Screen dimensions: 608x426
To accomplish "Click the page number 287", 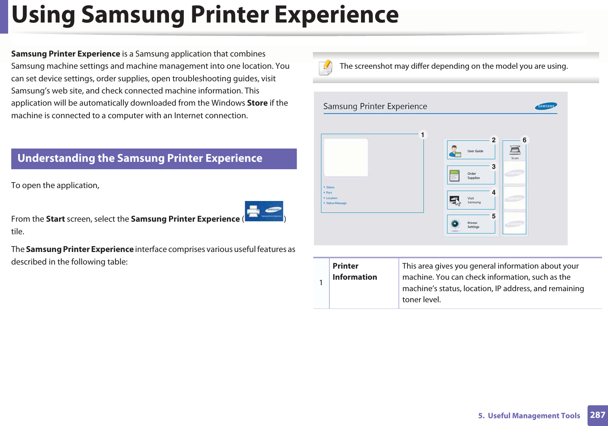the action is click(x=597, y=415).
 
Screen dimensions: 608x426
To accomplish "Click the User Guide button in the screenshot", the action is click(x=471, y=150).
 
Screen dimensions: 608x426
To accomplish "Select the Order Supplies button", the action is click(x=471, y=175).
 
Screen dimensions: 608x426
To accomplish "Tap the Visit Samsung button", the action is click(x=471, y=200).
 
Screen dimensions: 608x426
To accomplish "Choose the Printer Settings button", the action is click(x=471, y=224).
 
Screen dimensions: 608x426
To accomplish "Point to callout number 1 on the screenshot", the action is click(x=422, y=135).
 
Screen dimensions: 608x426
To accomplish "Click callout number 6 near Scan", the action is click(x=524, y=140).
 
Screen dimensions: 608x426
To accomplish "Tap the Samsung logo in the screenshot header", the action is click(x=546, y=106).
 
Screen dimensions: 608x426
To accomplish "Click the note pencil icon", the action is click(x=326, y=67).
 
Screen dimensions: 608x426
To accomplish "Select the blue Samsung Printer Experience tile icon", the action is click(x=264, y=211).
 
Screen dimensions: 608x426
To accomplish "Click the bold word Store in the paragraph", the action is click(x=257, y=103).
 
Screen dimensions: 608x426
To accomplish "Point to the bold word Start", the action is click(x=55, y=219).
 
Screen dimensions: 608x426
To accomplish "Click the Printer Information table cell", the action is click(x=355, y=272).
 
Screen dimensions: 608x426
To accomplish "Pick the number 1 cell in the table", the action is click(x=321, y=283).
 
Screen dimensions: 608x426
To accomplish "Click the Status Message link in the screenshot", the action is click(x=336, y=203).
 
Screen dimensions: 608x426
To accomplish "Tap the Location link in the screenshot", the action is click(x=331, y=198).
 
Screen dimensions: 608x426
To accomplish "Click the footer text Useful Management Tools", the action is click(x=534, y=416).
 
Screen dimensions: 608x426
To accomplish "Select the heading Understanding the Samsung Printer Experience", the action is click(x=140, y=159).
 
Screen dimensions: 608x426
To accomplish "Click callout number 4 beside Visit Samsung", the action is click(x=493, y=192).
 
